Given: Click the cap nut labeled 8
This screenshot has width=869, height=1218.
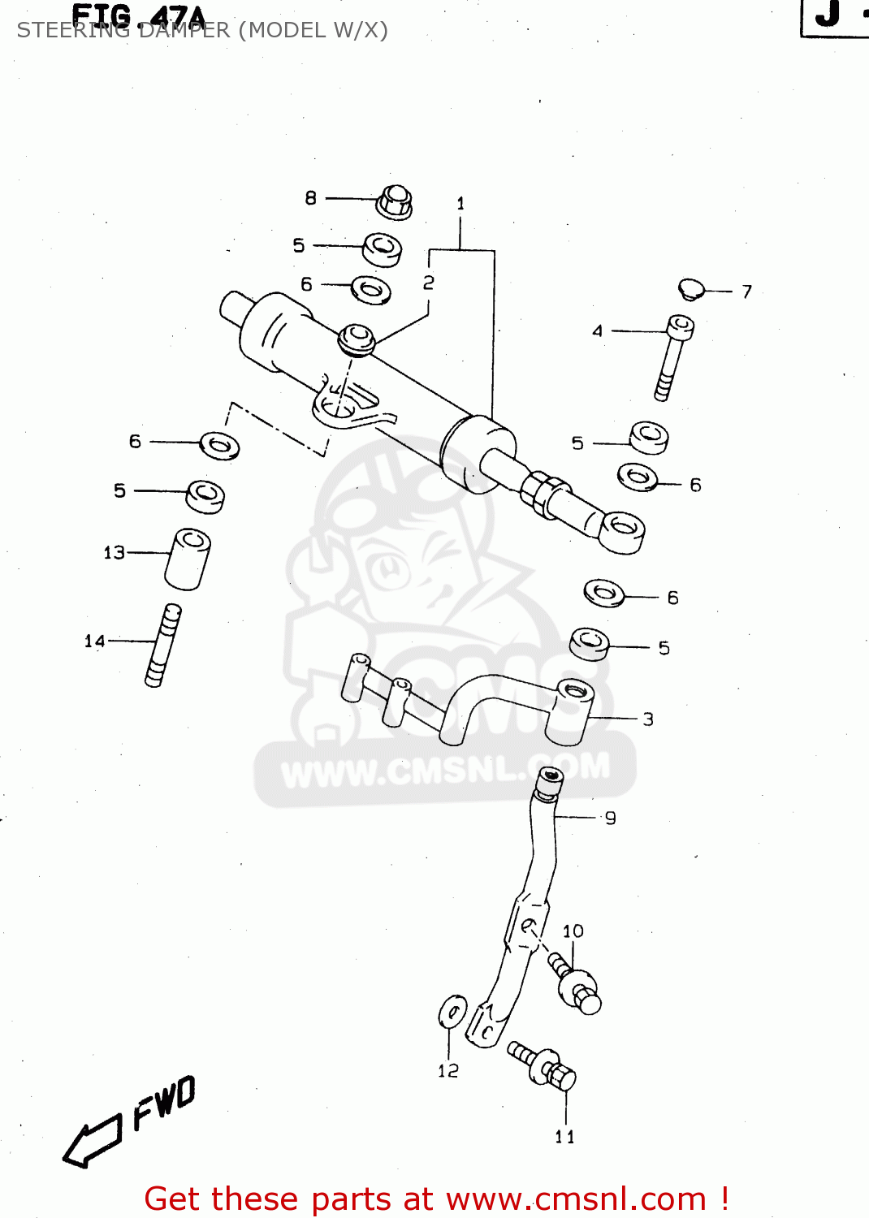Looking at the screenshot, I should (x=395, y=201).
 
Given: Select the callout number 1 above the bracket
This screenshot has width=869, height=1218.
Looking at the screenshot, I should (x=460, y=204).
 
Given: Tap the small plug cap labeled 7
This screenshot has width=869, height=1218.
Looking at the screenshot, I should (x=691, y=288).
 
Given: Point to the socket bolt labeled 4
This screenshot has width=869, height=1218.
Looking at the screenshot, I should (x=674, y=357).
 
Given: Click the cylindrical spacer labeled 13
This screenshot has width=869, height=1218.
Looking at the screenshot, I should (x=188, y=559).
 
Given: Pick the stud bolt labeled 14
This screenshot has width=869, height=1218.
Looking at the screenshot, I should (x=163, y=646).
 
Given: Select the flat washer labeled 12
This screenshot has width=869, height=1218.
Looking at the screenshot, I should (x=452, y=1012).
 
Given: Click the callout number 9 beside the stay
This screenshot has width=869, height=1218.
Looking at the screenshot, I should (x=610, y=818).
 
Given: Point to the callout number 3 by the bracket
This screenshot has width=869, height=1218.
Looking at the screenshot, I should (x=647, y=719).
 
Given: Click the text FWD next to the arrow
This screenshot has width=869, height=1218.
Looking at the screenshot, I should (x=165, y=1103).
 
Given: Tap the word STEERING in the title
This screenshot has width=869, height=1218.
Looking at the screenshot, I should (x=73, y=31).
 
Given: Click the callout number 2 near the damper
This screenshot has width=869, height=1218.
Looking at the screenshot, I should (x=428, y=283).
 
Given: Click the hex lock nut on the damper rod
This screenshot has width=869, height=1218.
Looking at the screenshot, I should (x=543, y=491).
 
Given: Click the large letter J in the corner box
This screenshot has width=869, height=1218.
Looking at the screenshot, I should (x=828, y=15).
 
